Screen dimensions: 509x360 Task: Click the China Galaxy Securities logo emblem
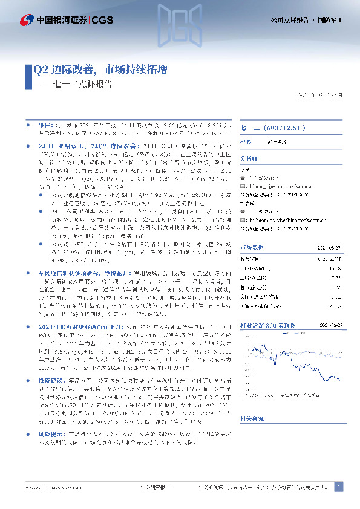tap(25, 19)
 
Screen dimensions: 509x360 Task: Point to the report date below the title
tap(324, 95)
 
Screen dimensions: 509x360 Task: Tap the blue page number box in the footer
tap(339, 486)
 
